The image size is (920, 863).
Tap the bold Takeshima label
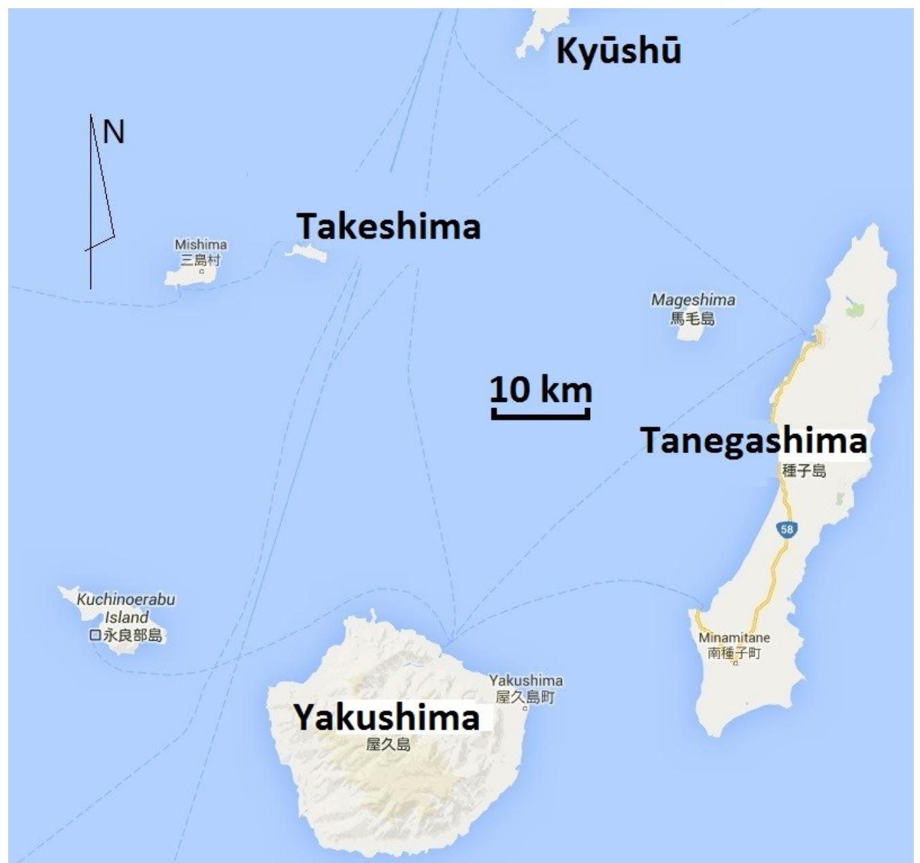[389, 226]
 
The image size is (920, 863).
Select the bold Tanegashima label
[754, 440]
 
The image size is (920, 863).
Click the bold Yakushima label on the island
[387, 717]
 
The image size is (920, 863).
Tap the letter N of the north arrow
[114, 132]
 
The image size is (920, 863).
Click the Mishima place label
[201, 244]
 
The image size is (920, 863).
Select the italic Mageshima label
[693, 299]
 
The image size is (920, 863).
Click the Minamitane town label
[734, 638]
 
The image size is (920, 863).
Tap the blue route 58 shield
[787, 529]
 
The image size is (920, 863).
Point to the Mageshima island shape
[689, 333]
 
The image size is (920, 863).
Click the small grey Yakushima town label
[526, 681]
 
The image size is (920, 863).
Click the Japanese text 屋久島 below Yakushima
[389, 744]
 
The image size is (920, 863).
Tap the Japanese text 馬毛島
[693, 317]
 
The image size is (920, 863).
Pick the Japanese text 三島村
[201, 259]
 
